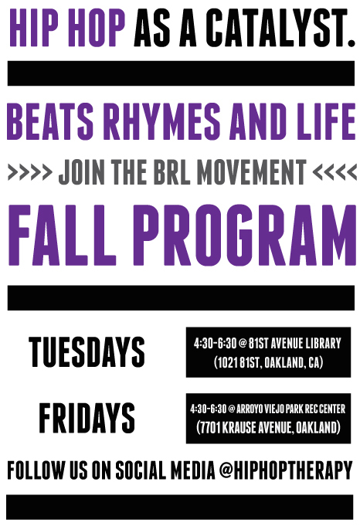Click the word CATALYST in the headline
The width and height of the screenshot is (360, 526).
pos(280,28)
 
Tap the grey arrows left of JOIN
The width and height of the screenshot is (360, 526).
pos(30,171)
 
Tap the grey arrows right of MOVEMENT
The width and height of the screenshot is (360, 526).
pos(335,171)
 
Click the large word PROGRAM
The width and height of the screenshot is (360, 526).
pos(246,235)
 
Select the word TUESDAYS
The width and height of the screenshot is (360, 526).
pos(87,351)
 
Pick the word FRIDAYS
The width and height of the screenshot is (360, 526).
pos(87,418)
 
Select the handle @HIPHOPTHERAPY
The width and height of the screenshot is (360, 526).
pos(286,470)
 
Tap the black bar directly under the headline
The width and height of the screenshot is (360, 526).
pos(181,73)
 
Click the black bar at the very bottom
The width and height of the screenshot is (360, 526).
pos(180,507)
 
